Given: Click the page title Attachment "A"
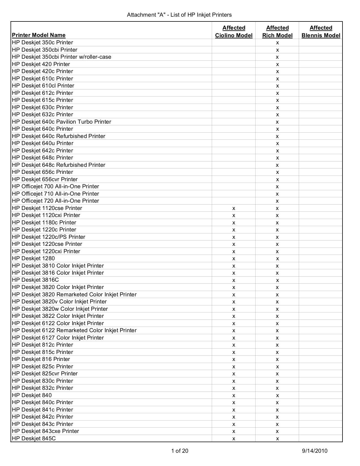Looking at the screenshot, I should tap(179, 15).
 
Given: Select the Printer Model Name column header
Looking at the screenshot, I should tap(39, 35).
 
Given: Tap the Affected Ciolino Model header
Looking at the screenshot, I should tap(234, 32).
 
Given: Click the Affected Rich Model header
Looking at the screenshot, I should tap(277, 32).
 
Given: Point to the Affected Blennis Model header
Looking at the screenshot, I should tap(321, 32).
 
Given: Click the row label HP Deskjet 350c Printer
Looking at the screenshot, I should tap(43, 43).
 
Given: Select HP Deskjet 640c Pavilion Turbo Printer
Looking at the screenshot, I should tap(62, 122).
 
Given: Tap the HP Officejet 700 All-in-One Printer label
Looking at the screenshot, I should tap(56, 187).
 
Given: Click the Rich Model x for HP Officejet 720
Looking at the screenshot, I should tap(277, 201).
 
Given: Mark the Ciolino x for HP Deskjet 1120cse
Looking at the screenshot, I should tap(234, 209).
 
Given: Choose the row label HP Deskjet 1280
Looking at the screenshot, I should tap(34, 259).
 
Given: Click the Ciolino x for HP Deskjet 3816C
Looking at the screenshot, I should tap(234, 281).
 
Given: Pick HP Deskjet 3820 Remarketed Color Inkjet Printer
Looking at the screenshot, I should tap(74, 295).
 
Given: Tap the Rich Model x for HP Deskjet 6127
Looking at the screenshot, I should tap(277, 338).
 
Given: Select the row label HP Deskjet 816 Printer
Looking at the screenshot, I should tap(41, 359).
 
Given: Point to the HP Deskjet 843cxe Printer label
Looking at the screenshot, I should tap(45, 431).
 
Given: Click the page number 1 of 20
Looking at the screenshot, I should tap(180, 451).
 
